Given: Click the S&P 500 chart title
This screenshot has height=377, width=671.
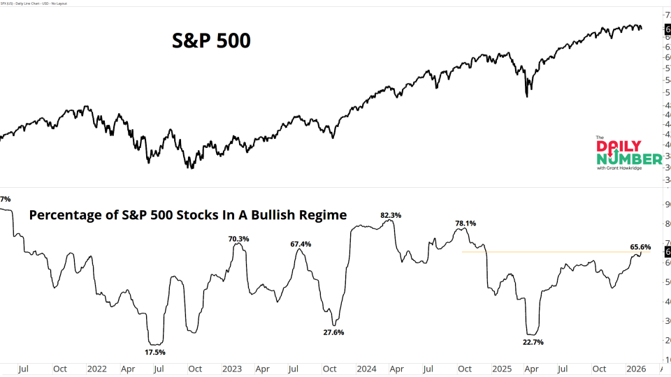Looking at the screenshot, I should point(211,41).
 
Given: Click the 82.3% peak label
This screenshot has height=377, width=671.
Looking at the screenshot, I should point(390,215).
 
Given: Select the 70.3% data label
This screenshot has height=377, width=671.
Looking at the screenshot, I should point(238,239).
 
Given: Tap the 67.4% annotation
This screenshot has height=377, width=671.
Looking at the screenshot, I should point(301,244).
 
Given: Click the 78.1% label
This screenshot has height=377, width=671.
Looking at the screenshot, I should point(466,223).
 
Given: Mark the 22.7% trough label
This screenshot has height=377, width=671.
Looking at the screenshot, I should point(532,342).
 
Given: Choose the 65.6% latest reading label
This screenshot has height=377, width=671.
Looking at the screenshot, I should point(640,246).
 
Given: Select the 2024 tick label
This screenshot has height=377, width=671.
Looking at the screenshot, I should point(366,368).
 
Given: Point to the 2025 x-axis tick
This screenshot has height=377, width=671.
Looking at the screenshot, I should point(500,368).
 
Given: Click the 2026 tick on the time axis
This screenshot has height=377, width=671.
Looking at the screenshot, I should point(635,368).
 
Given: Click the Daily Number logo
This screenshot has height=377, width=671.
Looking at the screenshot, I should point(627,153).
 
